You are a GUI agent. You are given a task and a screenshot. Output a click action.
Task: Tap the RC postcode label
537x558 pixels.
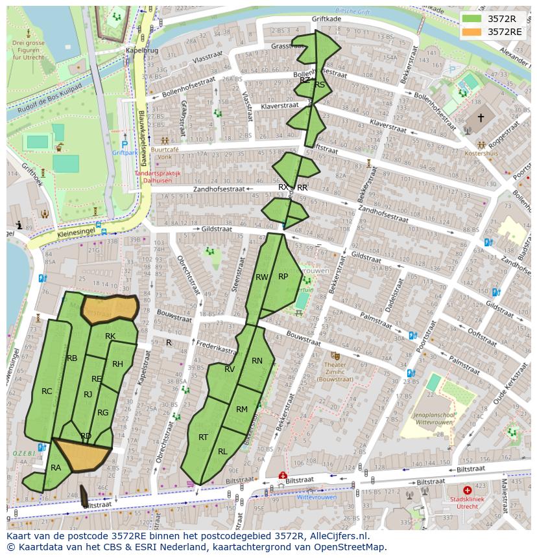point(47,391)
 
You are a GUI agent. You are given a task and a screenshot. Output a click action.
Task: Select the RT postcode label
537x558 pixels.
point(203,437)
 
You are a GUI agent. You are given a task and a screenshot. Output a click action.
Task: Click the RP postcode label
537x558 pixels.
point(283,276)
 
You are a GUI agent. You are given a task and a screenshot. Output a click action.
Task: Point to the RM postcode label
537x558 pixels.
point(242,409)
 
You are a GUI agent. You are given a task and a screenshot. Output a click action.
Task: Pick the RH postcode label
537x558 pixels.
point(117,364)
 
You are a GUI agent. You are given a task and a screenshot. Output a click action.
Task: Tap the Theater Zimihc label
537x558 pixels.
point(335,369)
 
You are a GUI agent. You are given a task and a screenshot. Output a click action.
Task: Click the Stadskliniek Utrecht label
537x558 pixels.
point(468,502)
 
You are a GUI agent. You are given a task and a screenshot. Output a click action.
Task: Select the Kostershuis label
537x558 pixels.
point(481,154)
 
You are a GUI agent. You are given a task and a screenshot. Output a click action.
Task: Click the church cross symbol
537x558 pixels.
point(481,118)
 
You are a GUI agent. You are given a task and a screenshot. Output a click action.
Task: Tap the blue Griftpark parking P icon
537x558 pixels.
point(125,145)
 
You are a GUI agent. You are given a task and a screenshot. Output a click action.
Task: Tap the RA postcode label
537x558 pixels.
point(56,467)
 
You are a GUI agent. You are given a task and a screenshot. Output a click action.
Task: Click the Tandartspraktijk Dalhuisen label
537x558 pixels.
point(157,177)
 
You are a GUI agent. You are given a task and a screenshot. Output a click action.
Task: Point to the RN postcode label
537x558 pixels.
point(257,361)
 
